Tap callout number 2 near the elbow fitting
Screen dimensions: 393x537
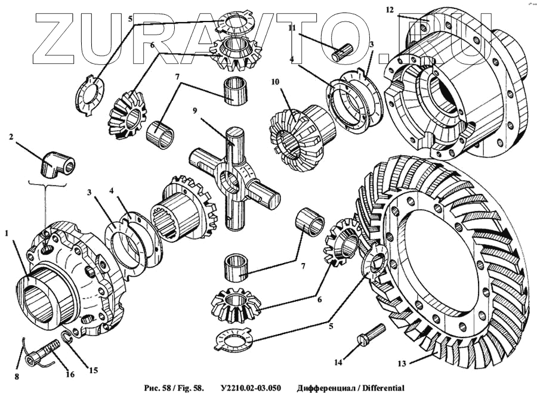pyautogui.click(x=11, y=137)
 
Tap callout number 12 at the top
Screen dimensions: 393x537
pyautogui.click(x=390, y=10)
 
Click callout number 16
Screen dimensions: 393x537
pyautogui.click(x=70, y=375)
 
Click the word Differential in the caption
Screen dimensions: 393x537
pyautogui.click(x=382, y=388)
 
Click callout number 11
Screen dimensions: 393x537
pyautogui.click(x=292, y=27)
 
